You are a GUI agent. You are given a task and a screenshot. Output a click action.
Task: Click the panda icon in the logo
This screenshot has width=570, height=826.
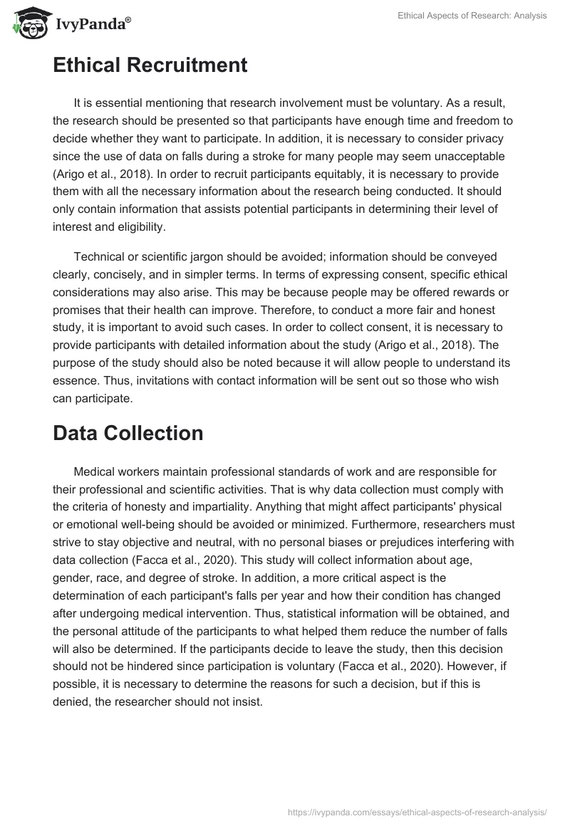[x=27, y=23]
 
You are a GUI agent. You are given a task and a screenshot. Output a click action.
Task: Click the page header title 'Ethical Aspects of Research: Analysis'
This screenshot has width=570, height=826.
[x=472, y=16]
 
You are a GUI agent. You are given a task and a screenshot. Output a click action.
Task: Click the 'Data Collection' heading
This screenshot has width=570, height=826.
[x=128, y=433]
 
